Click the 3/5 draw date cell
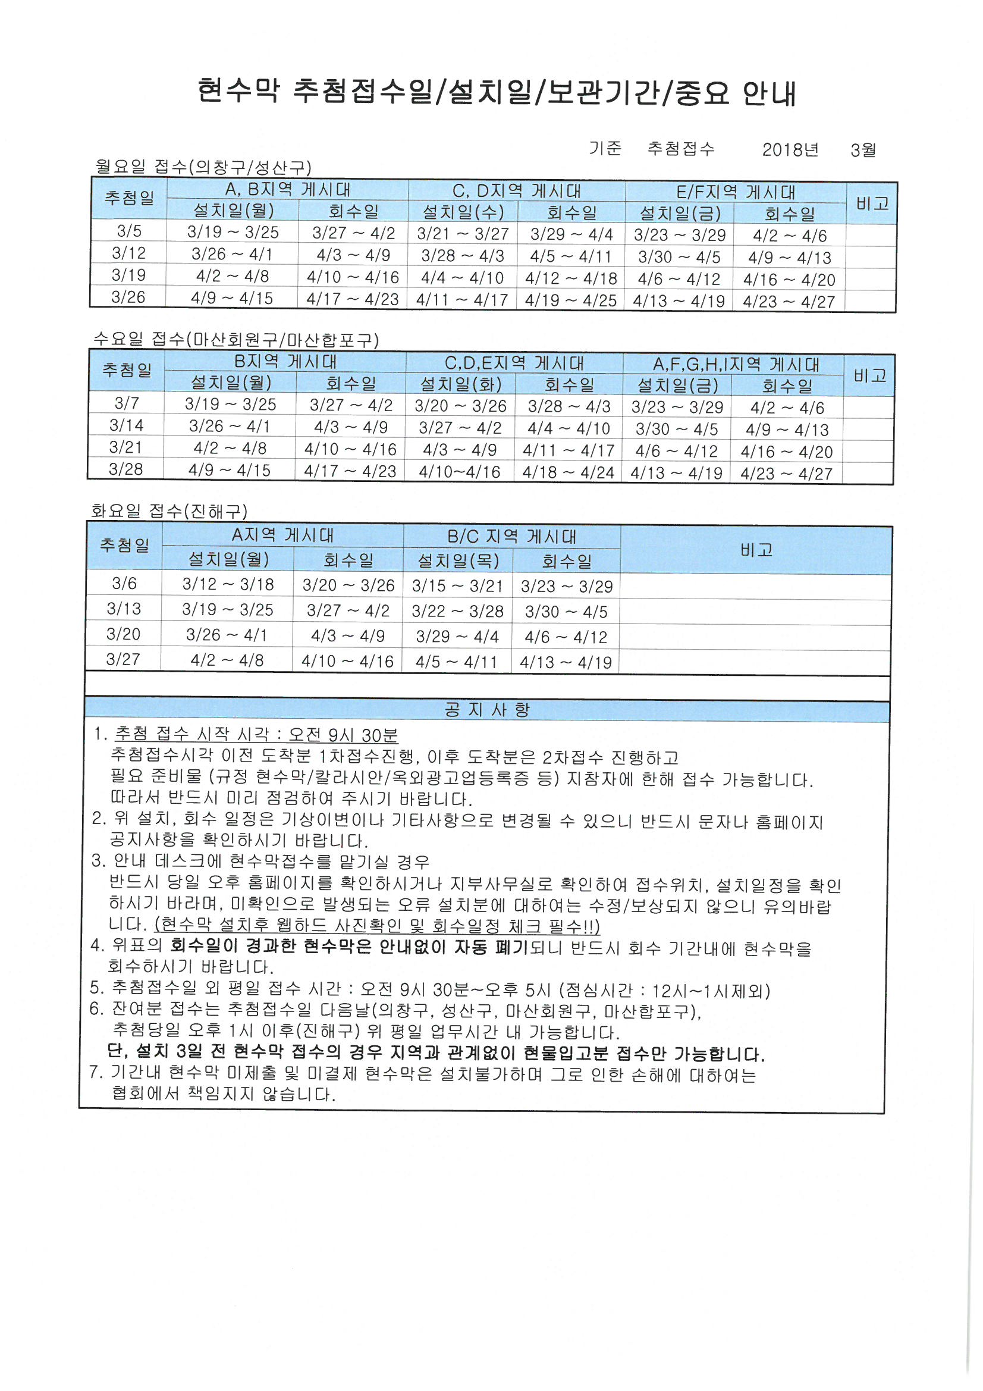pos(129,231)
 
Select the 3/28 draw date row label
pos(126,469)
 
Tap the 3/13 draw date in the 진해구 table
pos(124,608)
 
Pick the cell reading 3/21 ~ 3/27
pos(463,234)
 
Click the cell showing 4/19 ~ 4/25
pos(570,300)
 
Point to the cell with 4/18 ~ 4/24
pos(568,472)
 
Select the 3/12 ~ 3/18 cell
pos(228,584)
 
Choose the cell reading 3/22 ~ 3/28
pos(457,610)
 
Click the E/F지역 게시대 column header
pos(735,192)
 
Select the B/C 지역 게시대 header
pos(512,536)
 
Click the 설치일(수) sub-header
pos(463,212)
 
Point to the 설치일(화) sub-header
pos(460,384)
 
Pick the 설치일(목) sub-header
pos(458,561)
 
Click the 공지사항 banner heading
pos(487,709)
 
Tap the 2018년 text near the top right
pos(790,150)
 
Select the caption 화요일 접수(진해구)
pos(169,511)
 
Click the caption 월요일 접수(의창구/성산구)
pos(203,167)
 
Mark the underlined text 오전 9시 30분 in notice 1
pos(343,735)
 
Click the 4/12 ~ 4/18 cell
pos(570,278)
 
